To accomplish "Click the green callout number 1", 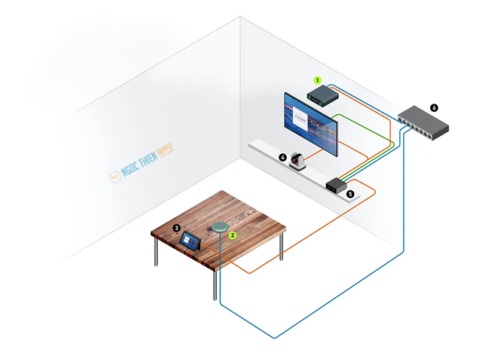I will [x=318, y=79].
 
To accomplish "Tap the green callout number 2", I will [x=234, y=236].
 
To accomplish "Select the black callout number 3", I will [x=177, y=227].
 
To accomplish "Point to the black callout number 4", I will [x=283, y=157].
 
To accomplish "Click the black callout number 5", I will [x=351, y=194].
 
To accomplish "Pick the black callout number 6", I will [x=434, y=108].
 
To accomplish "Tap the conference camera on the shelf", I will [x=297, y=160].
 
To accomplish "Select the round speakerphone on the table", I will [x=220, y=228].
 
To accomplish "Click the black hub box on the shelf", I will [x=336, y=185].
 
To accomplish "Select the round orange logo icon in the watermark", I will [x=114, y=177].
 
